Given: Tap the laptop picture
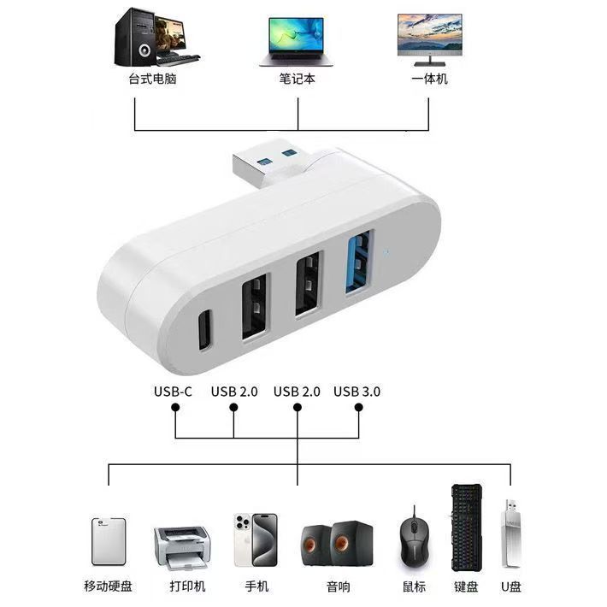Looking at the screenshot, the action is tap(297, 40).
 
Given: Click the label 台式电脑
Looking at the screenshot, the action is tap(146, 79).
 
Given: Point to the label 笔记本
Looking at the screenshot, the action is tap(297, 79).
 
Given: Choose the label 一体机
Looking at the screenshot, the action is tap(429, 79).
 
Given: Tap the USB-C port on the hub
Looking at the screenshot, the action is tap(203, 331).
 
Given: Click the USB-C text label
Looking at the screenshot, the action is tap(174, 392).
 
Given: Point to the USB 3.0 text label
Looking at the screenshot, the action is tap(357, 392).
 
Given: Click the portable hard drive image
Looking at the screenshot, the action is tap(109, 540).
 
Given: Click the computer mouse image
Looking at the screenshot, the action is tap(415, 539).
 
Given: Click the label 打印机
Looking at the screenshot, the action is tap(182, 586).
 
